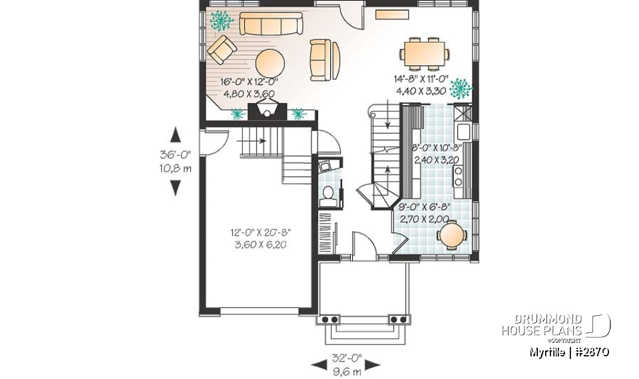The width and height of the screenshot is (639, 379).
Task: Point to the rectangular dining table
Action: coord(424,53)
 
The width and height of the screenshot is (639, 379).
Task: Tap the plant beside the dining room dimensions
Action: coord(459,87)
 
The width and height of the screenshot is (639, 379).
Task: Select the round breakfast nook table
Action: coord(452,235)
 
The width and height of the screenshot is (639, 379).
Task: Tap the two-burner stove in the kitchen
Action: coord(459,175)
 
